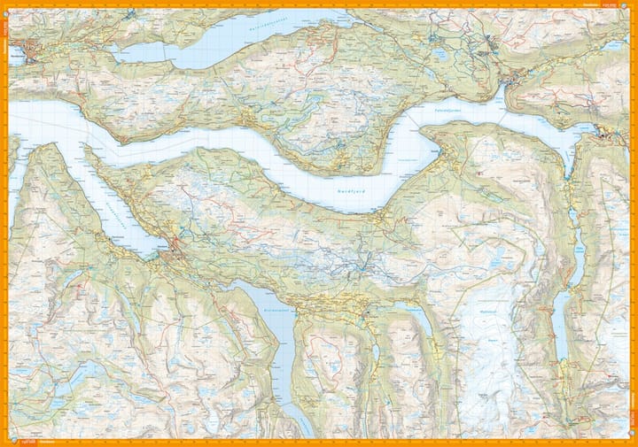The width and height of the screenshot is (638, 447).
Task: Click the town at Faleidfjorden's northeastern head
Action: [x=489, y=43]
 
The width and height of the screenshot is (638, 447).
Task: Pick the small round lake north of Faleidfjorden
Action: [x=440, y=55]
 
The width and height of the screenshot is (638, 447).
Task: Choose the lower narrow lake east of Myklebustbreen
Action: [x=559, y=322]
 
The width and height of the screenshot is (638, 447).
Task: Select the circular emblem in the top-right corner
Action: [x=631, y=5]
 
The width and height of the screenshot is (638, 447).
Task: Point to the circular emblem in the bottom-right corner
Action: [x=631, y=441]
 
